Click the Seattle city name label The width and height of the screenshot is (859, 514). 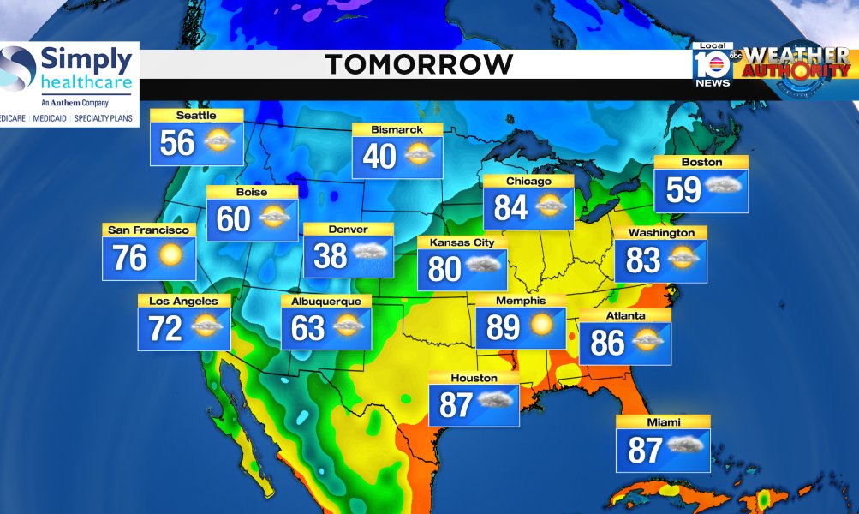196,116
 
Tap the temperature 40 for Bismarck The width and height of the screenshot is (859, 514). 379,156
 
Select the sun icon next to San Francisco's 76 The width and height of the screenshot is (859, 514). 170,256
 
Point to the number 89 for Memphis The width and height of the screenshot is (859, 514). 504,326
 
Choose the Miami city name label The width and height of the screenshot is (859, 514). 663,422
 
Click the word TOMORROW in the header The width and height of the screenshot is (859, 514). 419,64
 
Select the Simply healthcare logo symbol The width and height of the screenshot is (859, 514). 19,69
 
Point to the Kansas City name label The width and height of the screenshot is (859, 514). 462,242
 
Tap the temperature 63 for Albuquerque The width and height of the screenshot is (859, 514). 307,328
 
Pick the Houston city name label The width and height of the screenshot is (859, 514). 474,378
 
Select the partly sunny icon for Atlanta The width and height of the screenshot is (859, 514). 647,342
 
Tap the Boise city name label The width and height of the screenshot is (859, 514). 252,192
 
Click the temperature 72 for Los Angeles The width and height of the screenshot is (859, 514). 165,328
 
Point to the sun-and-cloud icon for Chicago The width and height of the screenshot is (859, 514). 549,206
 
